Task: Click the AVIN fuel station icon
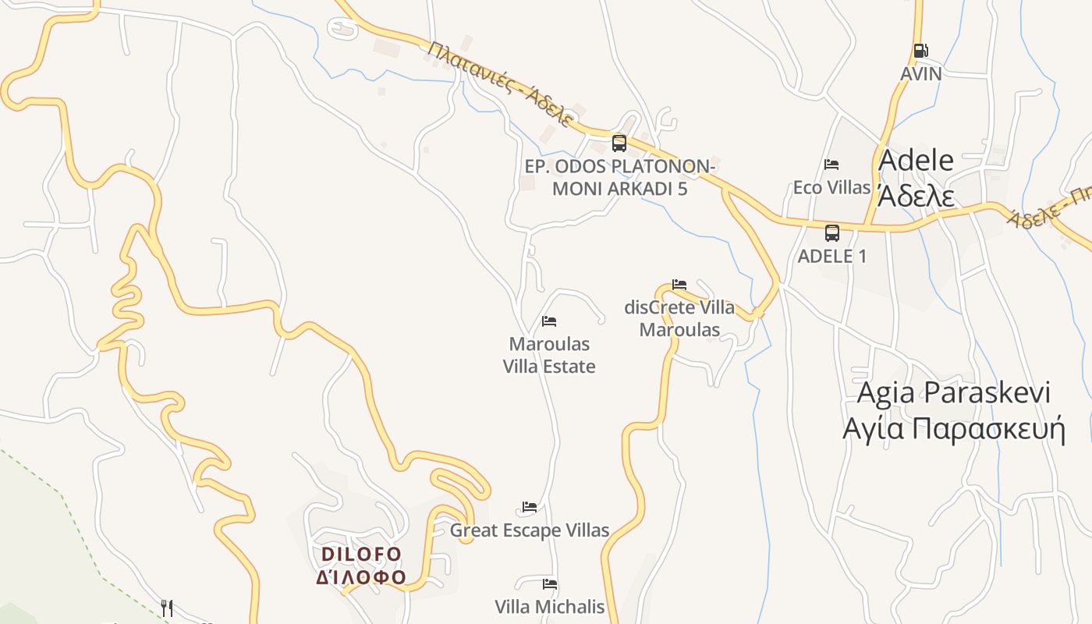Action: [921, 51]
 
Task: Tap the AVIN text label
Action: [921, 74]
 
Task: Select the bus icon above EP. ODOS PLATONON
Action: [619, 143]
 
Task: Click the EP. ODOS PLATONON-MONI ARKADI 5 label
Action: [619, 178]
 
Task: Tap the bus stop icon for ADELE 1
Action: [832, 232]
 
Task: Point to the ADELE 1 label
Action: [832, 256]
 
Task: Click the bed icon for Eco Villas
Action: [831, 165]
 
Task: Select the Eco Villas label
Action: [831, 187]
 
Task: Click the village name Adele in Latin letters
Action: [916, 160]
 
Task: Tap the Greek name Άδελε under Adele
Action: [916, 195]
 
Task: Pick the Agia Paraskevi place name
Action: [953, 392]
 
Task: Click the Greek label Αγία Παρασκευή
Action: [953, 429]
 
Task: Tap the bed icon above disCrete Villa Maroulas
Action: [679, 285]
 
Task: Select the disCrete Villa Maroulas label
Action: [679, 318]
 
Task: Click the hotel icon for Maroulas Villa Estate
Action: [549, 321]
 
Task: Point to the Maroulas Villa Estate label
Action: [549, 355]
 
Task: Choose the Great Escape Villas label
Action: [530, 530]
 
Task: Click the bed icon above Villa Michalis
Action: [550, 584]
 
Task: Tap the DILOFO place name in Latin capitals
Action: [361, 554]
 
